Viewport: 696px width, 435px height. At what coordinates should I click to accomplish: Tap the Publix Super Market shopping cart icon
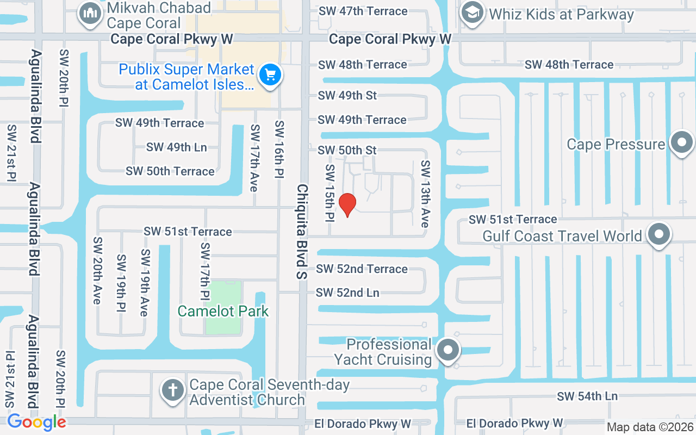click(270, 75)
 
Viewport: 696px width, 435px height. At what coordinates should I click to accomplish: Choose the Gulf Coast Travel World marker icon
click(659, 235)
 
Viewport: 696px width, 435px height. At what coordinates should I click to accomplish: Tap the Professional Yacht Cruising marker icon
click(448, 351)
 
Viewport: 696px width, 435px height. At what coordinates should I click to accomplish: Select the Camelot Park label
click(223, 311)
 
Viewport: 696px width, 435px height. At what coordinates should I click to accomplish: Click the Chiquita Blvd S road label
click(302, 231)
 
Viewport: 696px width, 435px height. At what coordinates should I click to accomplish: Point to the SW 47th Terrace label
click(363, 11)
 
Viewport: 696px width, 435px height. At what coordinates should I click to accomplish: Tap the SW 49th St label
click(347, 95)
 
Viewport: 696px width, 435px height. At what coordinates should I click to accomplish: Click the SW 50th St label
click(347, 150)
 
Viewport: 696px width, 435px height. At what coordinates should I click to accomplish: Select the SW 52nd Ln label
click(347, 293)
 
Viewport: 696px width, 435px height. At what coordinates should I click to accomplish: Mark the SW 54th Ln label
click(587, 396)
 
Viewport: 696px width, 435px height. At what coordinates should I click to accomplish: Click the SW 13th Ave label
click(425, 194)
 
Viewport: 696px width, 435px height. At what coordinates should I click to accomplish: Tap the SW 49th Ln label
click(176, 147)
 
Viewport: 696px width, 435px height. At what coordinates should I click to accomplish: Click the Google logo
click(36, 422)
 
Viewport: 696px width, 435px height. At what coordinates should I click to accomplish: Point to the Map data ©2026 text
click(650, 427)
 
